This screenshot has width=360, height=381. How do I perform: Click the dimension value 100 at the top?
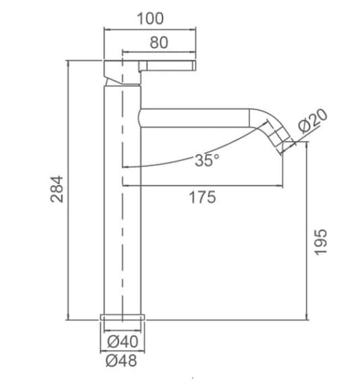pos(149,18)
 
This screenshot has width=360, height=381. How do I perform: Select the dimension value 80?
pos(158,42)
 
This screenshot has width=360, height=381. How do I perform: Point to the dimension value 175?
pos(202,198)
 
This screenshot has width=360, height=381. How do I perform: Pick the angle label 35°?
pos(207,160)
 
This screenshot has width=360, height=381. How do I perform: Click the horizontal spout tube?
pos(196,117)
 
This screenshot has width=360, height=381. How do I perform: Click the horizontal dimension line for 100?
pos(149,30)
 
